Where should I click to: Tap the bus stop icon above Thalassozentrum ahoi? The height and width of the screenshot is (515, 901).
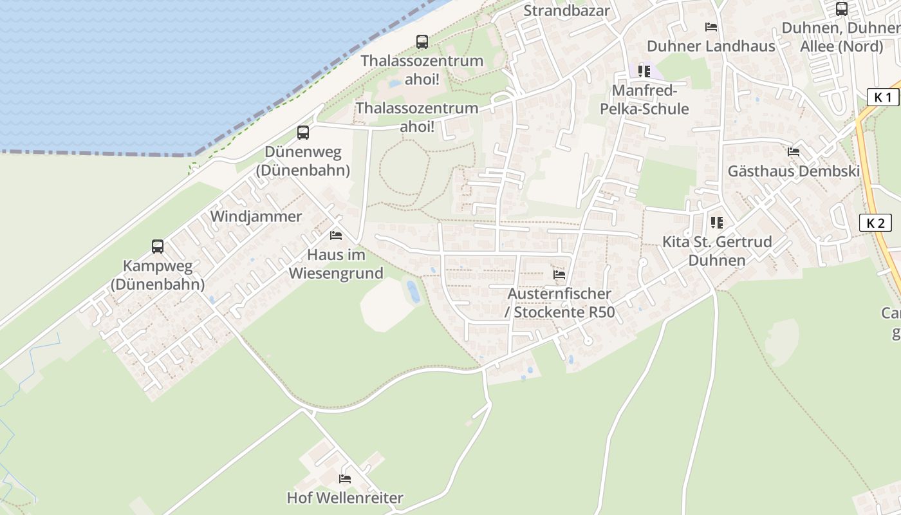422,42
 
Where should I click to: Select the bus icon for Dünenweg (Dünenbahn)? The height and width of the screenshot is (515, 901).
303,133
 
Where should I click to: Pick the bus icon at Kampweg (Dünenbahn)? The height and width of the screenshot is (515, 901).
158,247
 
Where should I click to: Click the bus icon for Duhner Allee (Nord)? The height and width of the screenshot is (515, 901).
841,9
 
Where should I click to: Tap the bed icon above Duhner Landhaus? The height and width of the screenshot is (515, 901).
711,27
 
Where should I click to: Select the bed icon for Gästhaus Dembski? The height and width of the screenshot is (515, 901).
794,153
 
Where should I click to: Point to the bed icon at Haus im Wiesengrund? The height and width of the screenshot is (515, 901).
336,236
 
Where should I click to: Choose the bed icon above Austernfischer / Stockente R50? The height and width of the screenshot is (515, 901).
559,275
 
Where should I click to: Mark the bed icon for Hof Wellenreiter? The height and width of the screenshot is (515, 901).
345,479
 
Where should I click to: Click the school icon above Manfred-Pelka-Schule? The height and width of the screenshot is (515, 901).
644,71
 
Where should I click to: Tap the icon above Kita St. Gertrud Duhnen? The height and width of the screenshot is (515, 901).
717,223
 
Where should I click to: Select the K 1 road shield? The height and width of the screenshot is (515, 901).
883,97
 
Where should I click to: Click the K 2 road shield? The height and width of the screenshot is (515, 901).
875,223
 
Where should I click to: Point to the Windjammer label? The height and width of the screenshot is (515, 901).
256,216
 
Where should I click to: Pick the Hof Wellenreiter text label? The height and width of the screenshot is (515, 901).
345,498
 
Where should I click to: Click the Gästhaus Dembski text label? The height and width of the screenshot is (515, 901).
794,171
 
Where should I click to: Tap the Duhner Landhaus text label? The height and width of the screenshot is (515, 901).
711,46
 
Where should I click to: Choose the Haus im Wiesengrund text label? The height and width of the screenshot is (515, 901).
336,264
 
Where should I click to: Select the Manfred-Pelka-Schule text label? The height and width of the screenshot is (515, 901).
644,100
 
